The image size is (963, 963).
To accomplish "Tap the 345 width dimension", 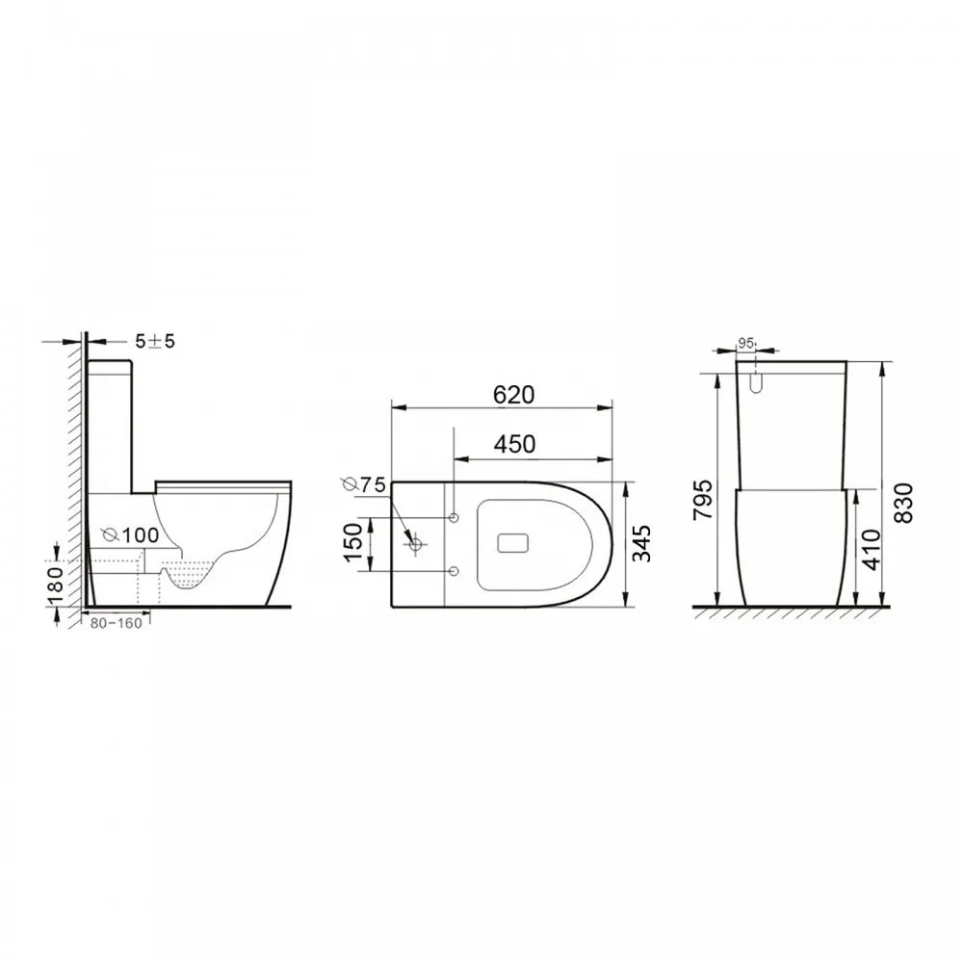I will pos(643,544).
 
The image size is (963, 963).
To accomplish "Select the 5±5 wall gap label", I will pos(154,341).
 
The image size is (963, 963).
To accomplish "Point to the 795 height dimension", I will pos(705,498).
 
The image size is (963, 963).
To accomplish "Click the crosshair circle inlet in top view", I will pos(416,545).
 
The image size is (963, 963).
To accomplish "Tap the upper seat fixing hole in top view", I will pos(454,517).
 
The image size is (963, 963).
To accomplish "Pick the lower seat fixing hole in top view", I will pos(454,572).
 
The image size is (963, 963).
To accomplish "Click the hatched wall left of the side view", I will pos(74,481).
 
